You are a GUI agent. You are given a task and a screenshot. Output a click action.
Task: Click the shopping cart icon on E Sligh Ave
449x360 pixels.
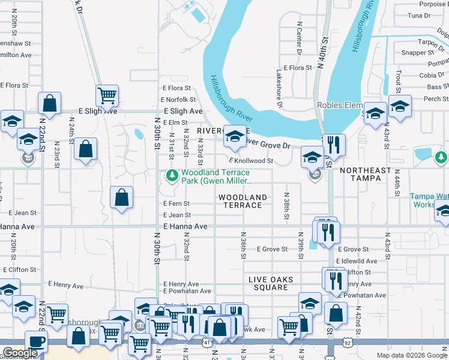[107, 95]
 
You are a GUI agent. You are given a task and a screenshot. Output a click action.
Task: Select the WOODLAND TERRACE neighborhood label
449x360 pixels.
[243, 201]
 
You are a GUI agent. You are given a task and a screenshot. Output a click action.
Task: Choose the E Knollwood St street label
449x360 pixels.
[251, 161]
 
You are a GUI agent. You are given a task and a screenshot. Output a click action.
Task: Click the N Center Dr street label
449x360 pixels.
[299, 39]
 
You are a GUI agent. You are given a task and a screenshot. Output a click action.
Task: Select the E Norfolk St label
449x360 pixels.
[179, 100]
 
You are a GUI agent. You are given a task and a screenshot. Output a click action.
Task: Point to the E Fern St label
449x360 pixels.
[176, 204]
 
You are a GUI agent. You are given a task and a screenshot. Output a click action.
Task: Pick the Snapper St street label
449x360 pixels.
[414, 53]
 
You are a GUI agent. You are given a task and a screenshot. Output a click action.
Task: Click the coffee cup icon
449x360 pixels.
[36, 341]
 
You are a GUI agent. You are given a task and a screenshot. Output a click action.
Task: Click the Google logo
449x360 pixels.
[20, 353]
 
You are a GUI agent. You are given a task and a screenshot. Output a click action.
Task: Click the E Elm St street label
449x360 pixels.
[175, 122]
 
